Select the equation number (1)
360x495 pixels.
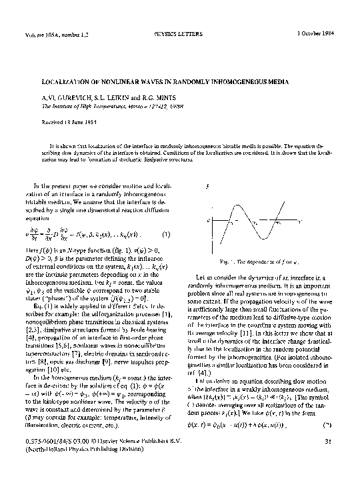pos(166,234)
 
